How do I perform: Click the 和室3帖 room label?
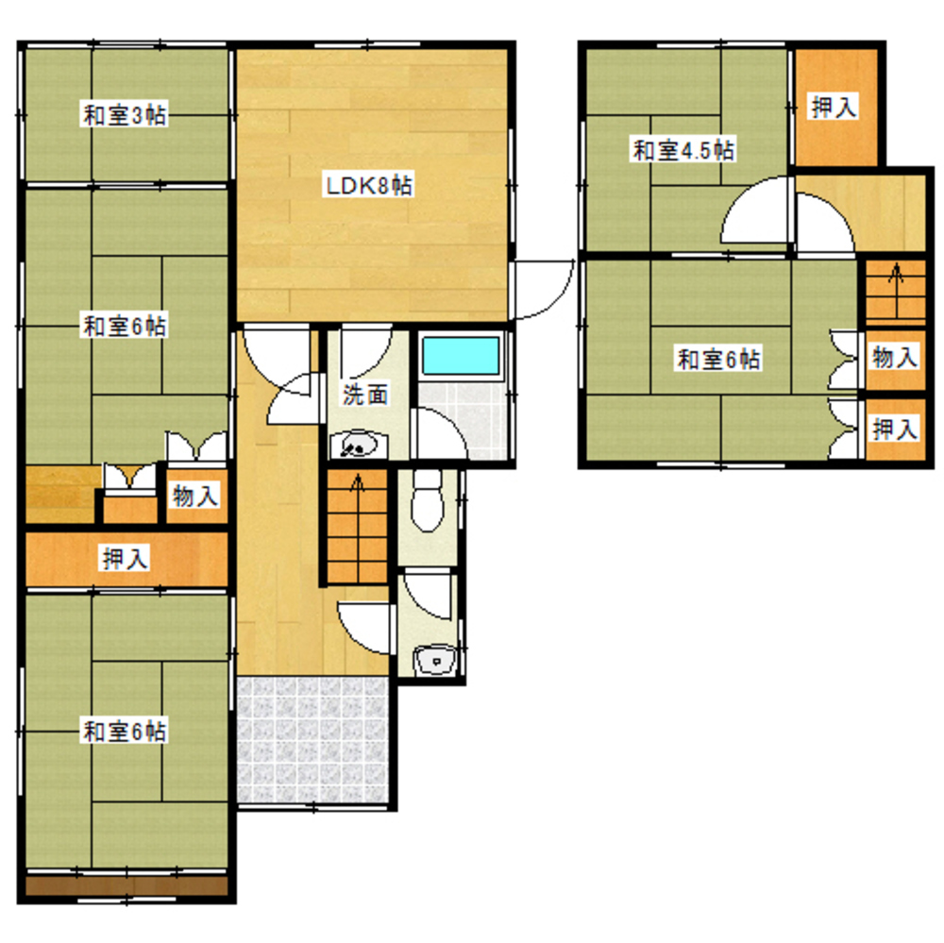[125, 114]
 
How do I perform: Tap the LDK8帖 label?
[369, 185]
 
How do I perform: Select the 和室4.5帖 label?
[683, 150]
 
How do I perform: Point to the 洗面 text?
[365, 395]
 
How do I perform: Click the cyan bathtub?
[461, 356]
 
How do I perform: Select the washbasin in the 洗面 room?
[359, 446]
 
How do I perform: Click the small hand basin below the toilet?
[435, 660]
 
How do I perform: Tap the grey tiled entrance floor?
[312, 741]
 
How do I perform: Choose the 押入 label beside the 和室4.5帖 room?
[834, 108]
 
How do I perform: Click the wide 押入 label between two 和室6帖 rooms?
[125, 559]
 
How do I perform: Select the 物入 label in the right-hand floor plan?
[895, 358]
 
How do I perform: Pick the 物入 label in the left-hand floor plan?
[195, 497]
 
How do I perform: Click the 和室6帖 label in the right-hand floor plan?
[718, 359]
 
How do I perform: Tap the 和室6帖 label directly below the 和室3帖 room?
[125, 327]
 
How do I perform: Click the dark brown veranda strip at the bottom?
[126, 885]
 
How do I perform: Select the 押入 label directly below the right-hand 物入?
[895, 429]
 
